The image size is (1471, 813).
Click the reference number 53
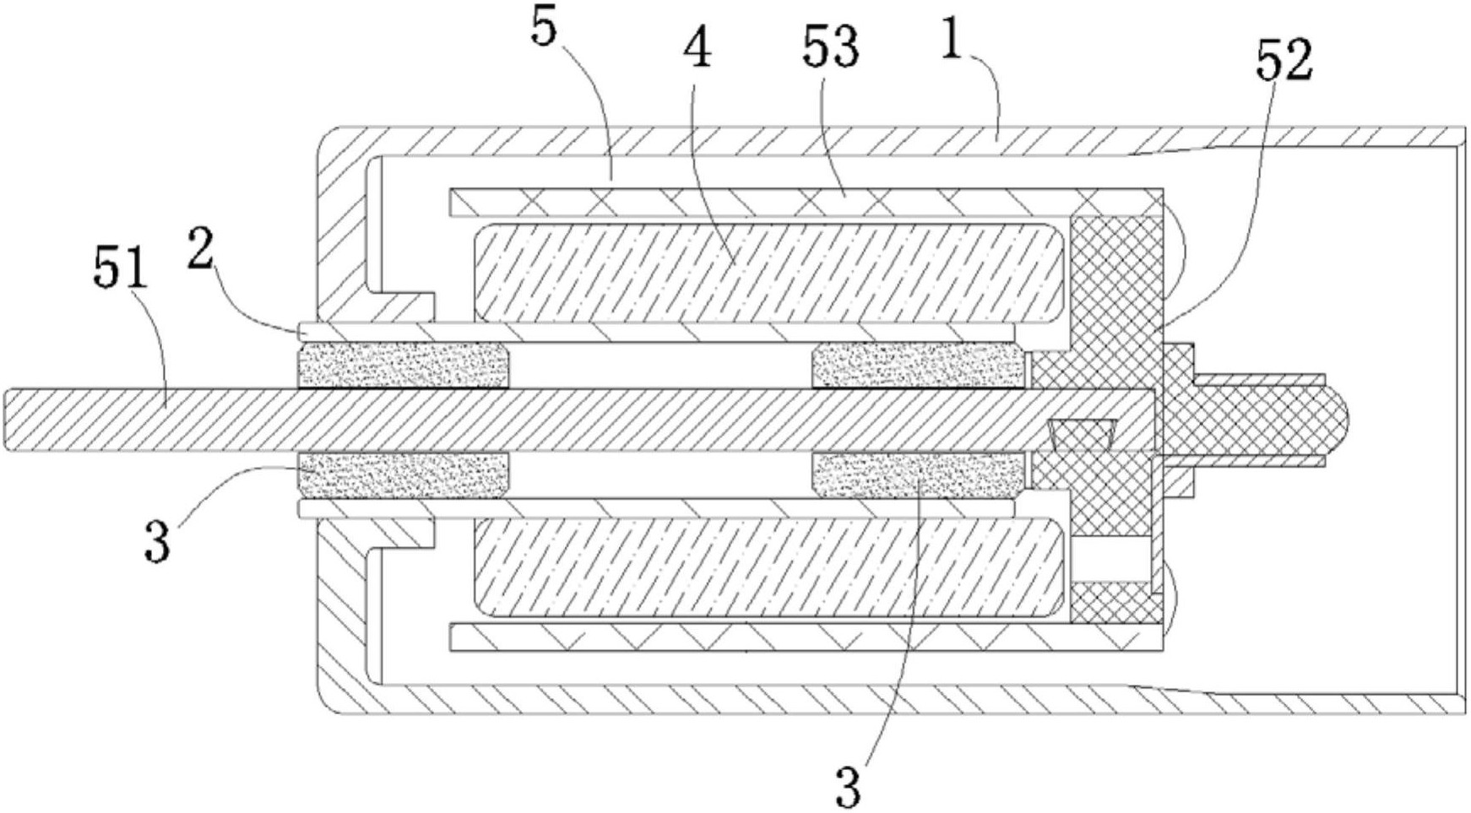click(x=830, y=47)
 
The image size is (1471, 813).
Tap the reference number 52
click(x=1284, y=60)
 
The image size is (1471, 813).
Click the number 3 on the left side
click(x=157, y=541)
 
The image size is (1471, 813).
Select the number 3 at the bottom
click(x=848, y=786)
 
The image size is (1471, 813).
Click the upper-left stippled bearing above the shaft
click(x=403, y=366)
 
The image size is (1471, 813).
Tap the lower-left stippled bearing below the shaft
click(x=403, y=475)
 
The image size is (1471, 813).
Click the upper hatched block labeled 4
click(x=768, y=273)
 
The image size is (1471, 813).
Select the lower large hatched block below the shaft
click(x=768, y=566)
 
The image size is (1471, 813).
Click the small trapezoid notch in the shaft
click(x=1081, y=434)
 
